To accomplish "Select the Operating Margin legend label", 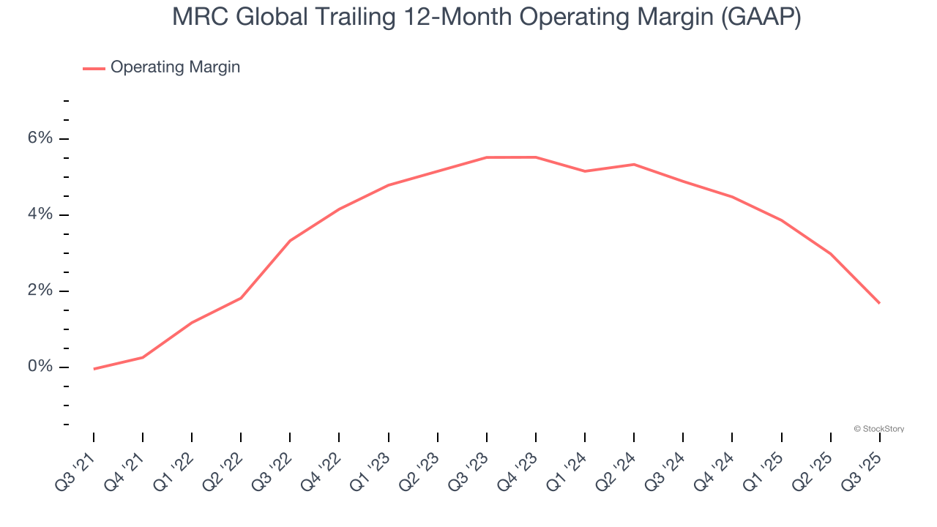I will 175,67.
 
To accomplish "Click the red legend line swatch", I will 94,68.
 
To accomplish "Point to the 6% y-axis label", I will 40,138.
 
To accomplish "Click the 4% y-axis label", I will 40,214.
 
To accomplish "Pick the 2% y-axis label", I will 40,291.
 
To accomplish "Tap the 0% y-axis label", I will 40,367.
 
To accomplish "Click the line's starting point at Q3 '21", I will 94,369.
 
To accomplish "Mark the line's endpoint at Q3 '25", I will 879,303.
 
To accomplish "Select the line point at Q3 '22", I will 290,240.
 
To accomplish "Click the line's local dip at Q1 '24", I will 585,171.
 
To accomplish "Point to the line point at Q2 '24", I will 634,164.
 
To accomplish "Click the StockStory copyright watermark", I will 879,429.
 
